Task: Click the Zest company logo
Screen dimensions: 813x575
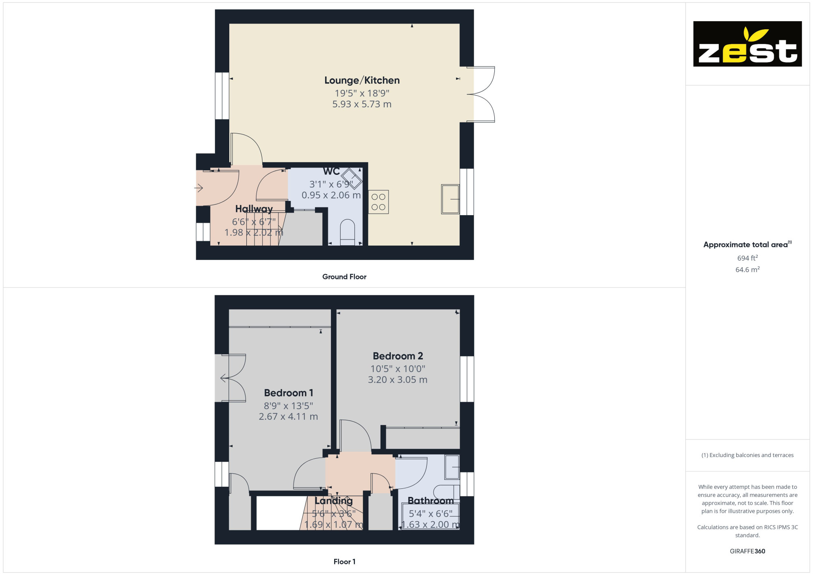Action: [747, 44]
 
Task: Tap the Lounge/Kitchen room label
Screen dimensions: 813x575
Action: [362, 81]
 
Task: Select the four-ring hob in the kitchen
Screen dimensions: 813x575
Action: [378, 202]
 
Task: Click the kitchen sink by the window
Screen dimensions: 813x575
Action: [450, 199]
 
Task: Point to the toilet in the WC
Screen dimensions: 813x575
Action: [348, 233]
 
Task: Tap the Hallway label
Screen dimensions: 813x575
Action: [254, 209]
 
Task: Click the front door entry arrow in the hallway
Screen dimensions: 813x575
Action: [198, 188]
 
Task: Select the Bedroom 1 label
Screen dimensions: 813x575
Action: [289, 393]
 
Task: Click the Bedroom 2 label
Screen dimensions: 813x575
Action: [398, 356]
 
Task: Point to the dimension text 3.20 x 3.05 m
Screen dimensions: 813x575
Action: [398, 380]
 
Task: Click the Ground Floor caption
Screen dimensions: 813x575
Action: [344, 277]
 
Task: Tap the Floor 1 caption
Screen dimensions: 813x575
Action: [344, 562]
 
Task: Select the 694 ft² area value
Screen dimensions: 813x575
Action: [748, 258]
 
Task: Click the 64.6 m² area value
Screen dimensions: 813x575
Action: [748, 270]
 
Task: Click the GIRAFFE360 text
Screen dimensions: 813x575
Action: [748, 551]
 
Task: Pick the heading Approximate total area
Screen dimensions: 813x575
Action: [748, 244]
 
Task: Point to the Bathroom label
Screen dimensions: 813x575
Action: [430, 501]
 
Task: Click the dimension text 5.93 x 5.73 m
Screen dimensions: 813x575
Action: [362, 104]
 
